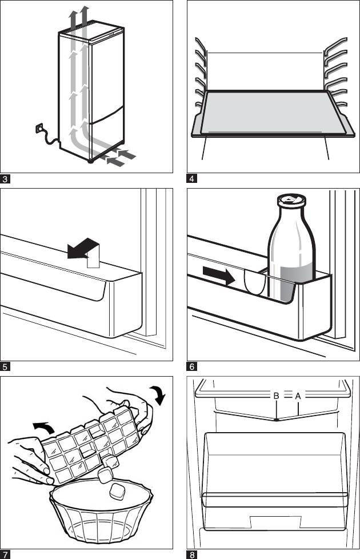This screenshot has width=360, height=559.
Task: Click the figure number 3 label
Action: (5, 179)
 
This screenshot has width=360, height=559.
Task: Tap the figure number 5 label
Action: (5, 366)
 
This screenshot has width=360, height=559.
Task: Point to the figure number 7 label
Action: (5, 554)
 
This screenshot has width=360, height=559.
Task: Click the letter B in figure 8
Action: (276, 395)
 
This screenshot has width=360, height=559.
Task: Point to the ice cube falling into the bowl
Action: (118, 490)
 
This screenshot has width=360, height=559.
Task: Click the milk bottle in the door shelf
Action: (291, 251)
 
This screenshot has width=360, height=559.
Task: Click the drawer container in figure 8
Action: (275, 469)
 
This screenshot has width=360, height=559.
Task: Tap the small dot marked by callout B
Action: (277, 420)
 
